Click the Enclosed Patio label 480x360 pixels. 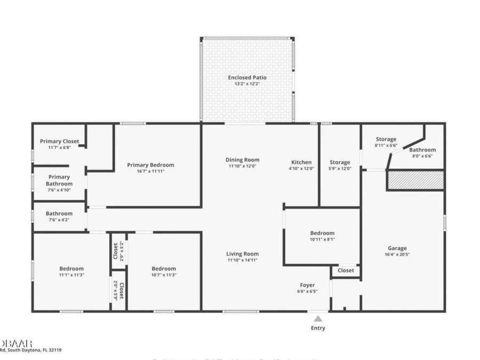(247, 77)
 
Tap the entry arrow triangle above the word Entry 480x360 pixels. (318, 318)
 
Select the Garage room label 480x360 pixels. (397, 248)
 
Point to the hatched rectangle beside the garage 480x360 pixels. (415, 180)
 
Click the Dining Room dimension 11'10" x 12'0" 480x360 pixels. (243, 167)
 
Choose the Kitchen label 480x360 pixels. (301, 162)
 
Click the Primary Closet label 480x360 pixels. (59, 141)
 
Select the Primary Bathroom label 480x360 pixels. (59, 180)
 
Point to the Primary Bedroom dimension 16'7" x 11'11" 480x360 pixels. (150, 171)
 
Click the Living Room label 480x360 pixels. (243, 254)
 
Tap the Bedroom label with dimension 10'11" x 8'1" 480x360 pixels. (322, 233)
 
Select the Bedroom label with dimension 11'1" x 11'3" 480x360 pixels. (71, 268)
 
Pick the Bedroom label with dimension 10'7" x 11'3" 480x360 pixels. (164, 268)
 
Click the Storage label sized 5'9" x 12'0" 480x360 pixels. (340, 162)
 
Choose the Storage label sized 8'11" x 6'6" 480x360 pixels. (386, 139)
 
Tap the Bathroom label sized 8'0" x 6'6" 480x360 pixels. (422, 150)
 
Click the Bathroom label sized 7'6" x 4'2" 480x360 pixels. (59, 213)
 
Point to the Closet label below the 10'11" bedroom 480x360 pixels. (346, 270)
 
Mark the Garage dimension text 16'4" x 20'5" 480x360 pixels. (397, 254)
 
